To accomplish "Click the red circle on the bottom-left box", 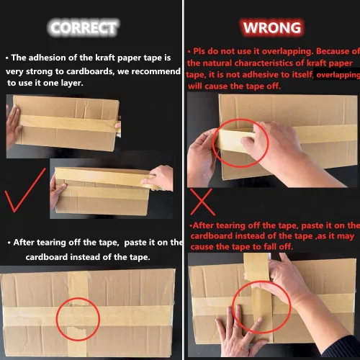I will (x=78, y=315).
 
